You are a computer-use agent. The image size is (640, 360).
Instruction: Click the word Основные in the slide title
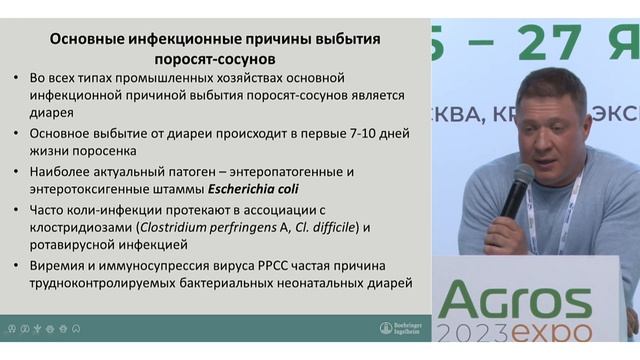[92, 40]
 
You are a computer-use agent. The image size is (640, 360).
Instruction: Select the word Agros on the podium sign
[514, 301]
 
